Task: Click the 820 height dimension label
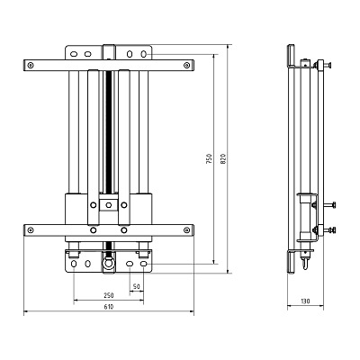(x=223, y=158)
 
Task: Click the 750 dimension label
(x=209, y=158)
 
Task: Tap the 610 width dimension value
(x=109, y=307)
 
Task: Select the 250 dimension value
(x=109, y=295)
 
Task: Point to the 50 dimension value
(x=137, y=287)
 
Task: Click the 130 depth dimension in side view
(x=305, y=301)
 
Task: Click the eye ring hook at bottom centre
(x=109, y=263)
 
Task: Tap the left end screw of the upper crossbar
(x=30, y=65)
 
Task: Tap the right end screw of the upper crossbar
(x=187, y=65)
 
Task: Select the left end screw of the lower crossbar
(x=30, y=230)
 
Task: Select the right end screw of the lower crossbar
(x=187, y=230)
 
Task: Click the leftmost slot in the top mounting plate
(x=74, y=54)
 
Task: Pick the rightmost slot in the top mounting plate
(x=144, y=54)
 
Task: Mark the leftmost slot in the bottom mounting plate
(x=74, y=264)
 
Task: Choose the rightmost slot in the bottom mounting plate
(x=144, y=264)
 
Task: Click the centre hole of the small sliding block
(x=109, y=205)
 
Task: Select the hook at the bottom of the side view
(x=305, y=263)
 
